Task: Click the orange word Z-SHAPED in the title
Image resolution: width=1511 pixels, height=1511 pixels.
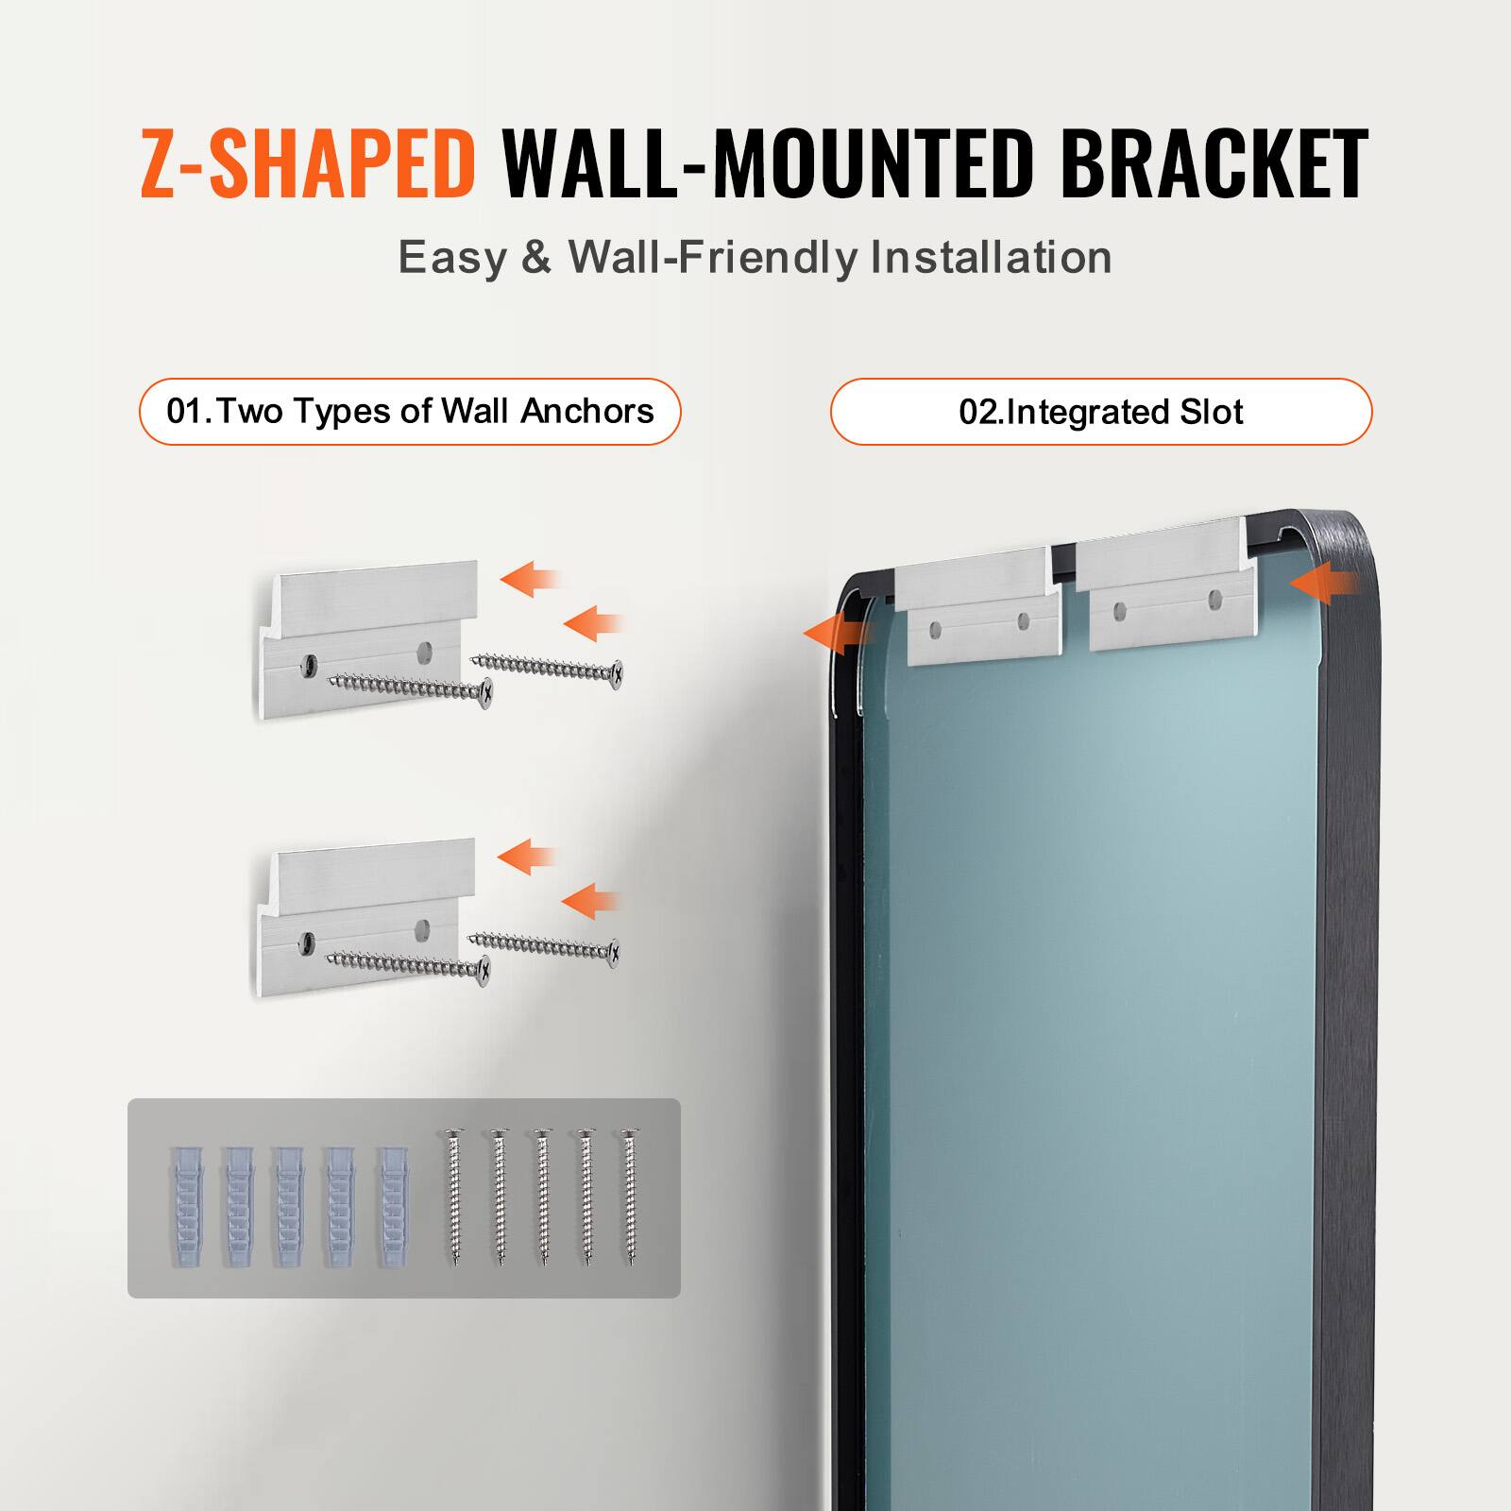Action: point(307,164)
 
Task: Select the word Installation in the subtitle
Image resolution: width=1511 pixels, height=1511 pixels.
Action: point(991,258)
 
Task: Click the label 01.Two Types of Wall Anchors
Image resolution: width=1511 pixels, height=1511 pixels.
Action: point(410,412)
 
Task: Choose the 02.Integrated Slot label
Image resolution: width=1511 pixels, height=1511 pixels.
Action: point(1100,413)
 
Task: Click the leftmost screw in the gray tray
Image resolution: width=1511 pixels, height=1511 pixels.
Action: point(455,1197)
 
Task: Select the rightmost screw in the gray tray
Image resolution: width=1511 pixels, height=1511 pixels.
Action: point(628,1197)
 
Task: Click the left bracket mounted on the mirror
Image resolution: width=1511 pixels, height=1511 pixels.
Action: point(977,604)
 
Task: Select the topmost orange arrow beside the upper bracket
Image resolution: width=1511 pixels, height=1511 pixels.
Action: point(529,578)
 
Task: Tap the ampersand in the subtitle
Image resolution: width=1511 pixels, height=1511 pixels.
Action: point(536,258)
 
